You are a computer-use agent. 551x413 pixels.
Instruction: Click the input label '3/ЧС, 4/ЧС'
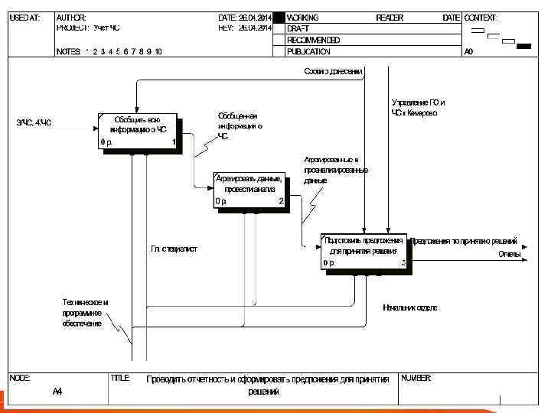click(x=34, y=122)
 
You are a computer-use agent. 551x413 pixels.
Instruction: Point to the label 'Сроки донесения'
click(x=333, y=71)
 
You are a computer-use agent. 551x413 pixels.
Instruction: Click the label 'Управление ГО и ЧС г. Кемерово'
click(x=418, y=107)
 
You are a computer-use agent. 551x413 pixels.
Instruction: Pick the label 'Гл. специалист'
click(x=174, y=249)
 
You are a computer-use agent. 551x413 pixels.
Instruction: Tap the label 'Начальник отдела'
click(x=410, y=307)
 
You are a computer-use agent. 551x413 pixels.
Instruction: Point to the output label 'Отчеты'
click(x=509, y=253)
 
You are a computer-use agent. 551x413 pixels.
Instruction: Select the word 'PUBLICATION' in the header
click(x=308, y=52)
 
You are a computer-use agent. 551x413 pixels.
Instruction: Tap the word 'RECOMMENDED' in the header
click(x=313, y=41)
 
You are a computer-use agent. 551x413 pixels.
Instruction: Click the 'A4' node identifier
click(x=57, y=392)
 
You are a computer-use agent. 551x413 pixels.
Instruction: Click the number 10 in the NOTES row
click(x=157, y=52)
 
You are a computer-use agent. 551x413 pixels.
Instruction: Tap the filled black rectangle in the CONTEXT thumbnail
click(x=523, y=47)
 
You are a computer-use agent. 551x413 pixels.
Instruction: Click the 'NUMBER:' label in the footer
click(x=416, y=379)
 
